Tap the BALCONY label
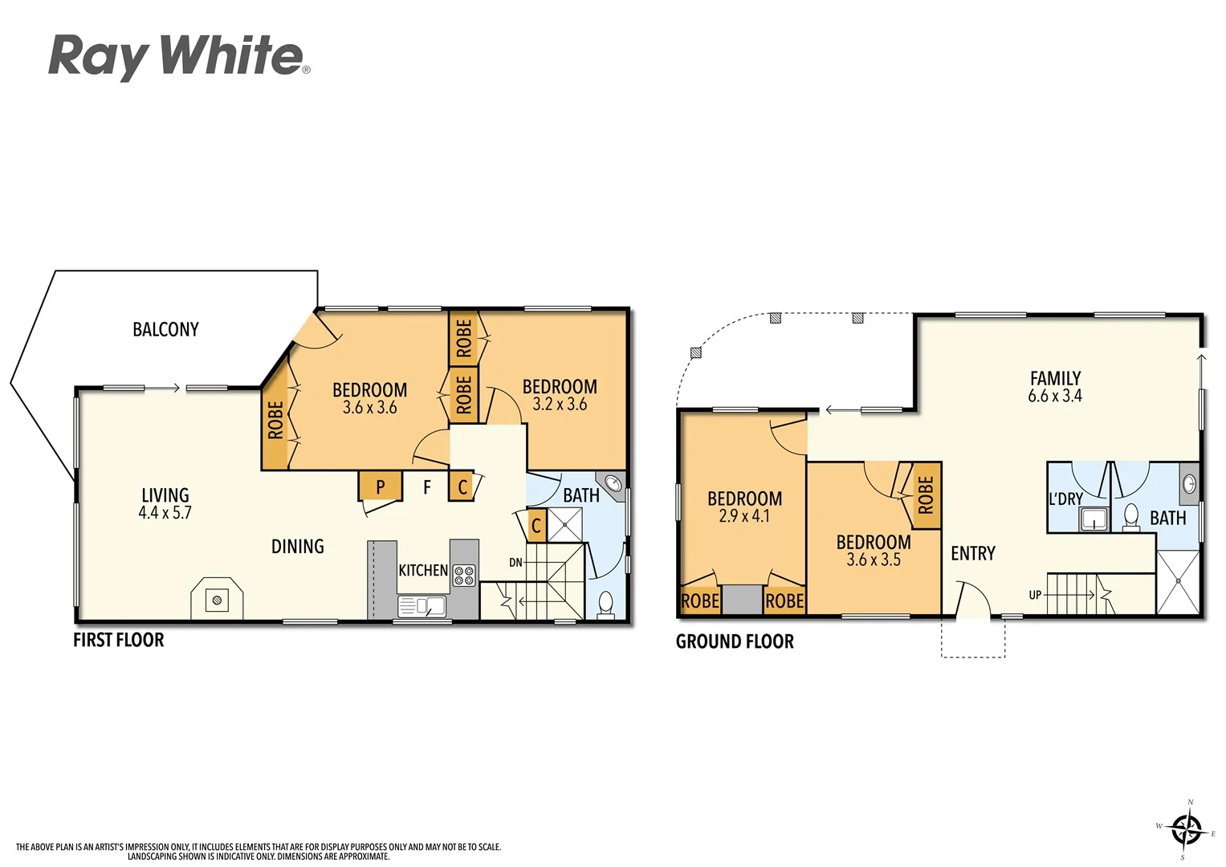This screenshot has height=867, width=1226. click(x=165, y=329)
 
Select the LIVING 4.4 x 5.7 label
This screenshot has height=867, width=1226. click(x=165, y=504)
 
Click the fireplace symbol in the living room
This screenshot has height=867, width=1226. click(x=216, y=599)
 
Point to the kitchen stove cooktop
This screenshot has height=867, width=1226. click(x=464, y=575)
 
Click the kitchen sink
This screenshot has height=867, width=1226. click(x=422, y=606)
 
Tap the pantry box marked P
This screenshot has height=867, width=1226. click(x=380, y=486)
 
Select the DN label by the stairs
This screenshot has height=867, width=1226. click(x=515, y=563)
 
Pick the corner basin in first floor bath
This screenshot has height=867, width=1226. click(x=613, y=483)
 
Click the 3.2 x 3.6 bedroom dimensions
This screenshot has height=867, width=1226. click(x=560, y=405)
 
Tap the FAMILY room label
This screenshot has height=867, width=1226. click(x=1055, y=378)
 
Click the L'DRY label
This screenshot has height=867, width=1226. click(x=1065, y=499)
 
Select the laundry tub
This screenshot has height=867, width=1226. click(x=1093, y=519)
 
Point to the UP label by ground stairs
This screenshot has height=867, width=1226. click(x=1035, y=595)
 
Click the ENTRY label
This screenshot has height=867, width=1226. click(x=972, y=553)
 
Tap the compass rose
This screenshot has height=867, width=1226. click(x=1186, y=829)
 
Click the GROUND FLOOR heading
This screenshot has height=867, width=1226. click(x=735, y=641)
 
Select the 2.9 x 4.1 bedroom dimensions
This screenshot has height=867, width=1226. click(x=744, y=516)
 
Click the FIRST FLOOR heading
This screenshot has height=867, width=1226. click(x=118, y=640)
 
